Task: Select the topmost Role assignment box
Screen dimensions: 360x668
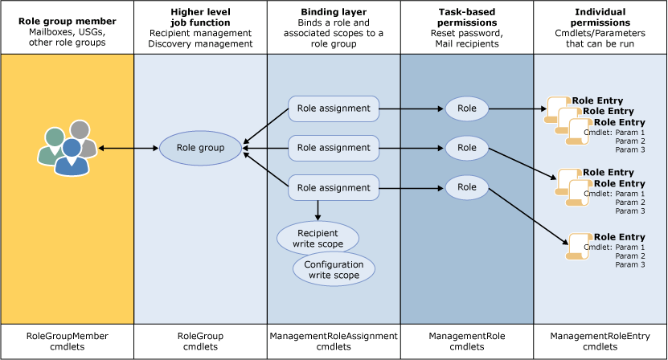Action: tap(334, 108)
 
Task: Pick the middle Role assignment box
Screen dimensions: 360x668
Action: tap(334, 148)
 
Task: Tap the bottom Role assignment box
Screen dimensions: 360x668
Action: tap(334, 188)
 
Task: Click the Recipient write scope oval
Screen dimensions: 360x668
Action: tap(318, 238)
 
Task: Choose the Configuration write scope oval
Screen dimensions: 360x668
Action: tap(334, 270)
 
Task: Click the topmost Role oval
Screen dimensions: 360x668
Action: tap(466, 108)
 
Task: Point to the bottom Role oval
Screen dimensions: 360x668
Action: tap(466, 188)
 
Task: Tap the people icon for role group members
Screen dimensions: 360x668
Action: tap(68, 148)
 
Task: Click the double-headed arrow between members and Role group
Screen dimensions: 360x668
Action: tap(129, 148)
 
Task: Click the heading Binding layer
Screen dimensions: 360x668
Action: tap(334, 12)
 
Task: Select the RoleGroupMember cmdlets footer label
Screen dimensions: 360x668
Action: tap(67, 341)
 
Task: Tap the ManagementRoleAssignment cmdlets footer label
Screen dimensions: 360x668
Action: tap(334, 341)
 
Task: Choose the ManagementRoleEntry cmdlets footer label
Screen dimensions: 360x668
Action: tap(600, 341)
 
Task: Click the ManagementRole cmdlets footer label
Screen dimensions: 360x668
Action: tap(467, 341)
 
